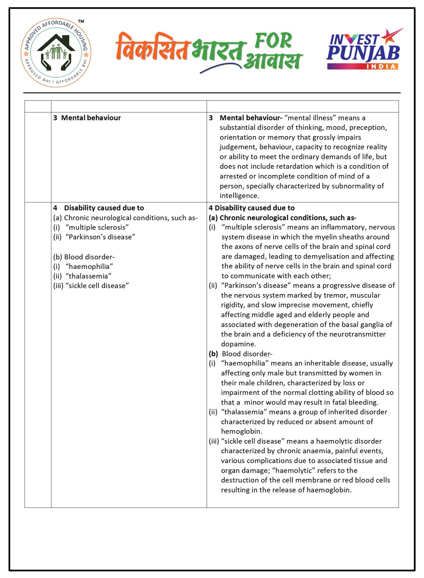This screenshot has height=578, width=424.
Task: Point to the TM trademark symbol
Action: coord(81,22)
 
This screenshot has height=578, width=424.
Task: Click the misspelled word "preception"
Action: coord(368,128)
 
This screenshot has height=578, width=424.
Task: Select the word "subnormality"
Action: coord(354,186)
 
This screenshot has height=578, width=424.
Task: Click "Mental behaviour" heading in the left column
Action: coord(91,118)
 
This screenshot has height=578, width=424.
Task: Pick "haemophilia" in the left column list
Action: coord(89,266)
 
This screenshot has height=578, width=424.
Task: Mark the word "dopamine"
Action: coord(238,344)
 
